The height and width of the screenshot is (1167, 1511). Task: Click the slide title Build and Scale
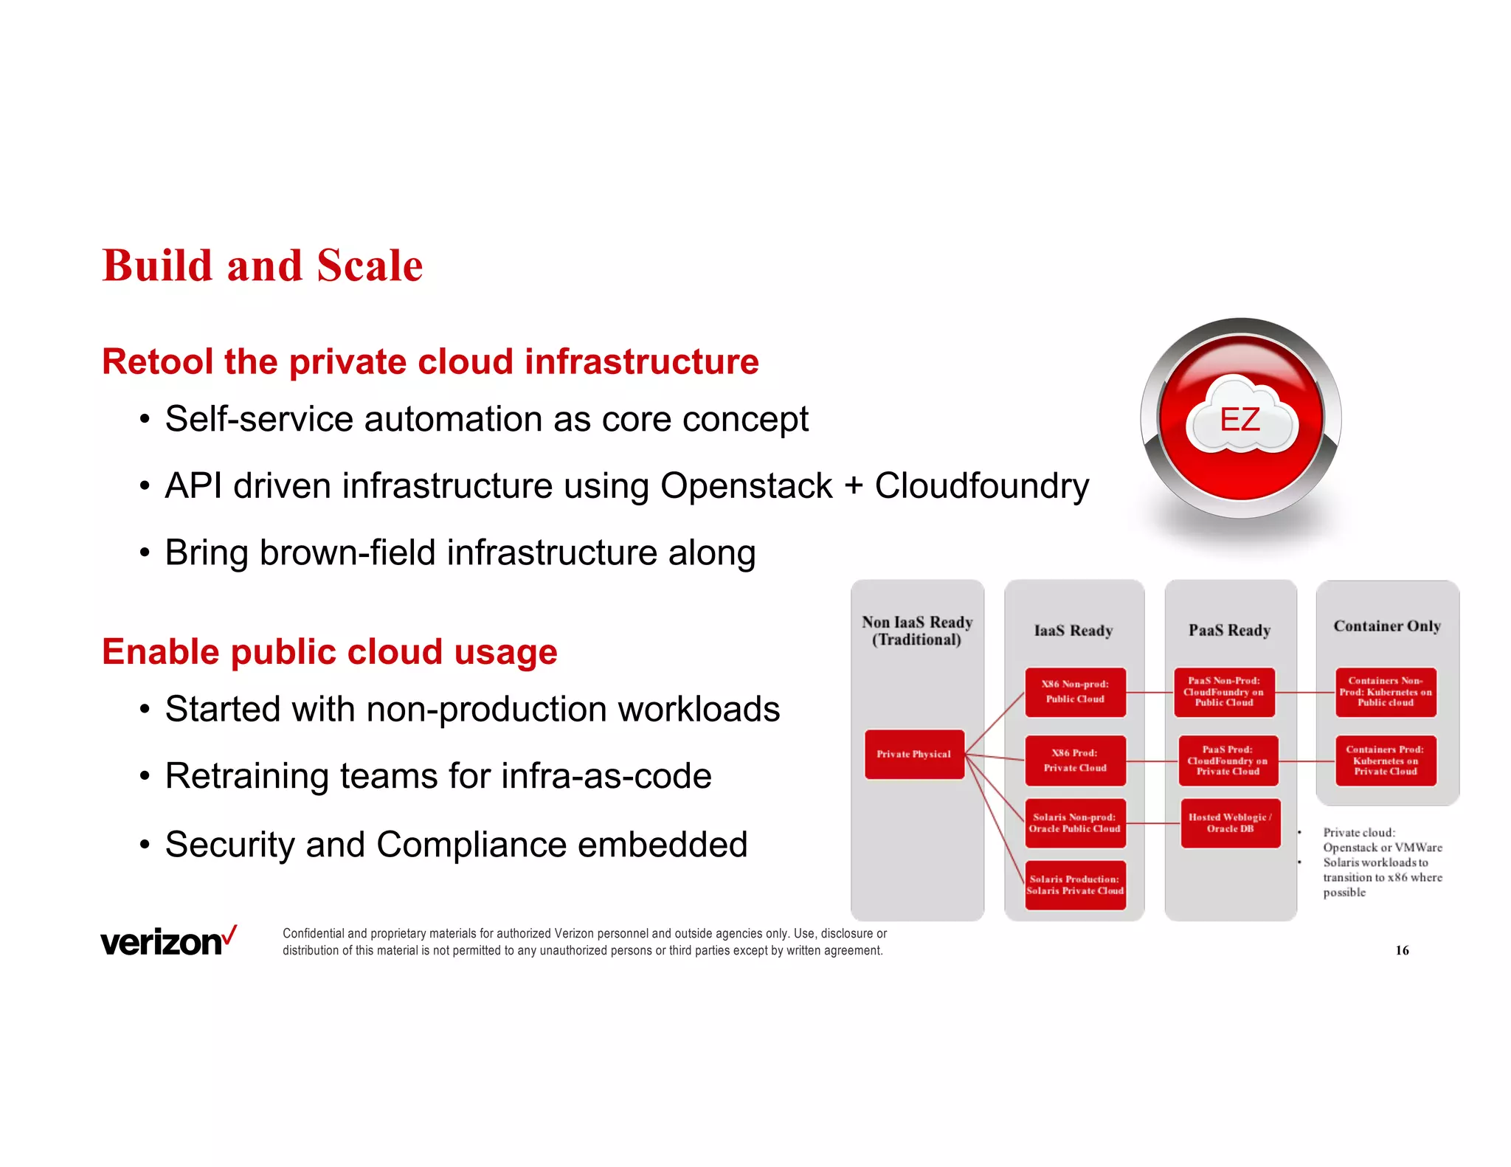262,266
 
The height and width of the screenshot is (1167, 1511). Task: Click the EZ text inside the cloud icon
1239,420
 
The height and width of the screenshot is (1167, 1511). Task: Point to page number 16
1402,950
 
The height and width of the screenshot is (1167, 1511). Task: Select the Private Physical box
914,754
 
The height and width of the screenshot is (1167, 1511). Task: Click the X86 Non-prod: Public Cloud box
1075,692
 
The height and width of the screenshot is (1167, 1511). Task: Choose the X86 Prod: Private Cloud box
1075,761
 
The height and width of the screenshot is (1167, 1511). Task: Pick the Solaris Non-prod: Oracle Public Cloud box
1075,823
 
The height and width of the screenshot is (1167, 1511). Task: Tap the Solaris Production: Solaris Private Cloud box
1075,885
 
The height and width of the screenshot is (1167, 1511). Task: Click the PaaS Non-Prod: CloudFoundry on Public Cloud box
1224,692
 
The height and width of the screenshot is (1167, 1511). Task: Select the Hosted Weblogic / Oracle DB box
1230,823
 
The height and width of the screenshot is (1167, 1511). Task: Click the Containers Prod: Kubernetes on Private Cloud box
1386,761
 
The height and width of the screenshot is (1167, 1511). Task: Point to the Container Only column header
1387,626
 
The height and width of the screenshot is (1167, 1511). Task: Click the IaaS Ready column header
1073,631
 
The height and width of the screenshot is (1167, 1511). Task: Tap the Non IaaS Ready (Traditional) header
917,631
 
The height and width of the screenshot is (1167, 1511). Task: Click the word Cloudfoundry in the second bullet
981,486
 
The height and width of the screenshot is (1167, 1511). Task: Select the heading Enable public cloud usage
329,652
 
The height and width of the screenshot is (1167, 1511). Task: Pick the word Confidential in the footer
314,934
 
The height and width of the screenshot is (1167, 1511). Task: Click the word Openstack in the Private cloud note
1349,848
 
